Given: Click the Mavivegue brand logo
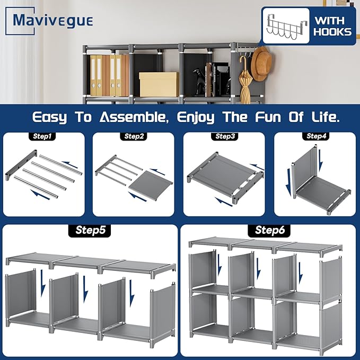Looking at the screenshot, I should click(x=53, y=21).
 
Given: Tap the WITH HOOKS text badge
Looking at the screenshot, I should click(x=332, y=25).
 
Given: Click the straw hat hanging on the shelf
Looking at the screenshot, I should click(x=260, y=66).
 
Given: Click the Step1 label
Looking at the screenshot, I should click(x=43, y=136).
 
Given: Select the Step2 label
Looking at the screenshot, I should click(x=134, y=136).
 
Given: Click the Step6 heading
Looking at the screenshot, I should click(x=270, y=231).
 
